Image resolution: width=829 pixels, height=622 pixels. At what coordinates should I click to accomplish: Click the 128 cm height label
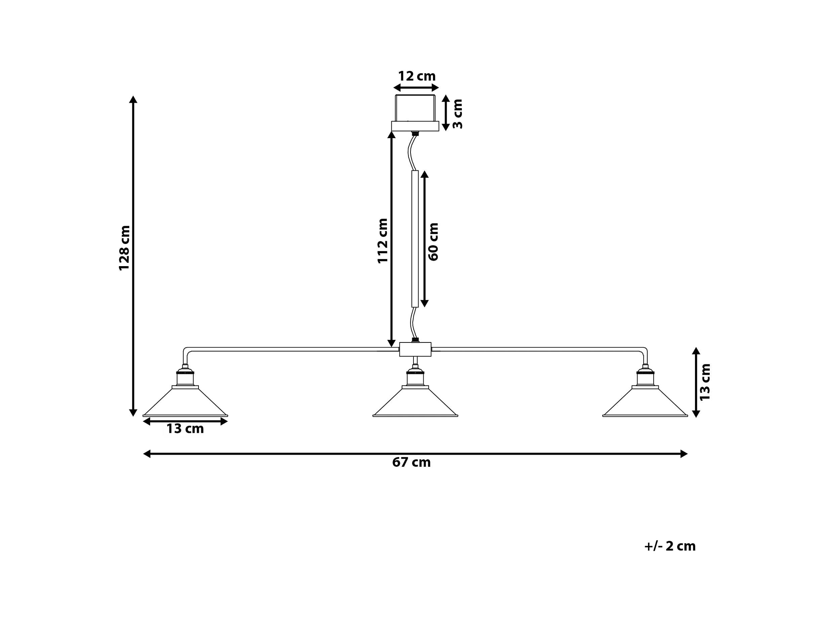click(x=124, y=248)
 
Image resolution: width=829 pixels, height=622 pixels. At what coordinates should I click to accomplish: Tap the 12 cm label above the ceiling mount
click(x=417, y=76)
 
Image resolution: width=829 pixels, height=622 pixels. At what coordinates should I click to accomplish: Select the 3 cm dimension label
click(x=457, y=114)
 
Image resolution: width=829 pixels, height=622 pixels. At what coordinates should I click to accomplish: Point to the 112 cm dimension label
click(x=382, y=241)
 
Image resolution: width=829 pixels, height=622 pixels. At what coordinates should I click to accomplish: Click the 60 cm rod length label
click(x=433, y=242)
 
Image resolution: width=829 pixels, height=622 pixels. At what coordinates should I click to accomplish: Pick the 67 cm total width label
click(x=411, y=462)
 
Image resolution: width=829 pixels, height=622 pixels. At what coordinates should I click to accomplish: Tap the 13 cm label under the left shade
click(x=185, y=428)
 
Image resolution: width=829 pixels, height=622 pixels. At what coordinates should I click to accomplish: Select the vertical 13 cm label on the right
click(x=705, y=382)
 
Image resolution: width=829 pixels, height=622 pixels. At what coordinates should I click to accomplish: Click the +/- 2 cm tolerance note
click(x=670, y=546)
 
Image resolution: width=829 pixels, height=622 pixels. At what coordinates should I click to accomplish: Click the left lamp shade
click(x=185, y=402)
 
